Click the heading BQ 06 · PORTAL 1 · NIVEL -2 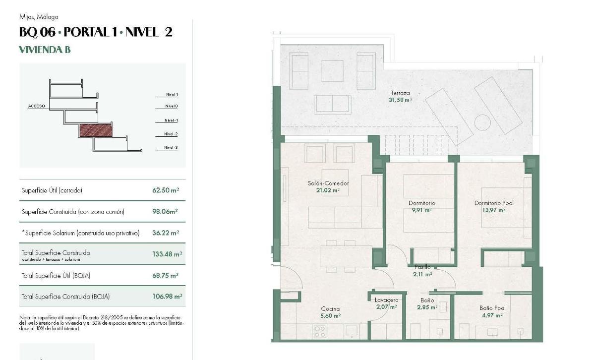96,33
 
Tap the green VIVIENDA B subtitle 45,50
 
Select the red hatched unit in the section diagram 96,131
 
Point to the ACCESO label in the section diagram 37,106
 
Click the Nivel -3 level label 171,148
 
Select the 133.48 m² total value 167,254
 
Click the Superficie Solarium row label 81,233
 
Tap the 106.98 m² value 167,297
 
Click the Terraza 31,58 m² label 400,96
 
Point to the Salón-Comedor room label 328,186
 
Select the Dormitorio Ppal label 493,206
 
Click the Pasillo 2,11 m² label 422,270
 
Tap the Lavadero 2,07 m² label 386,303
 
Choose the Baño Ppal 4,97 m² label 492,311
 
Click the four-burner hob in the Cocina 320,331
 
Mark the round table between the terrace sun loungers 482,122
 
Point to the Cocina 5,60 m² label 330,312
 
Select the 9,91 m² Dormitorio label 421,206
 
